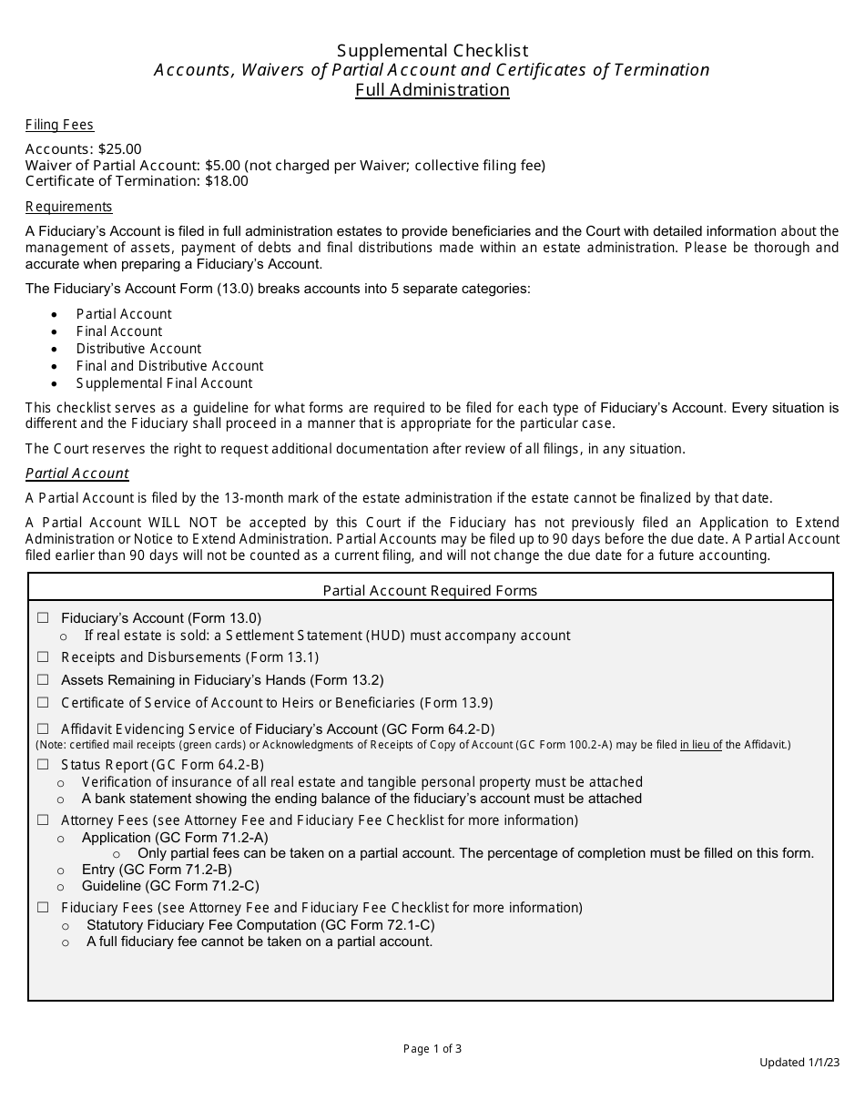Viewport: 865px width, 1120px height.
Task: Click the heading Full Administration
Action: tap(432, 89)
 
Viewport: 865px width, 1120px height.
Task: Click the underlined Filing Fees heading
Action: tap(59, 125)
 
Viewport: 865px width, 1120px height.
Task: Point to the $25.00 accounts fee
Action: tap(120, 149)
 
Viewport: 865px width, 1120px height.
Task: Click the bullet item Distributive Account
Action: tap(138, 349)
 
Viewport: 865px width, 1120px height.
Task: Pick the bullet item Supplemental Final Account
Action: tap(164, 383)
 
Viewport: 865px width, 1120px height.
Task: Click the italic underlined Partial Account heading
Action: tap(76, 473)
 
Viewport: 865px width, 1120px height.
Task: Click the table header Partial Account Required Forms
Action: tap(430, 590)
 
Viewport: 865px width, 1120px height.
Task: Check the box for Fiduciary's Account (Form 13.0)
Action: tap(43, 618)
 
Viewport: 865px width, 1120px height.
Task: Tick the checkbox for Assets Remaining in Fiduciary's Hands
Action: tap(43, 680)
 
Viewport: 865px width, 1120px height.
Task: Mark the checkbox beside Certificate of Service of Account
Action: tap(43, 703)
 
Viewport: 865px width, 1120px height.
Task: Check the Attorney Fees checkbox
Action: tap(43, 820)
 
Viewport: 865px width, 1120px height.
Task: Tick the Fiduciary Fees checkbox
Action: tap(43, 908)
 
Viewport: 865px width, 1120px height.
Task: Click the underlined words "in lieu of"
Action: tap(700, 745)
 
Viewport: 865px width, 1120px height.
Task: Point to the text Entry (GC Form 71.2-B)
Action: tap(157, 870)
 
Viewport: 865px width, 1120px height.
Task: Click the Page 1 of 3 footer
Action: tap(432, 1049)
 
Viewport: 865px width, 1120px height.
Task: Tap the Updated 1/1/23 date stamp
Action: tap(799, 1063)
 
